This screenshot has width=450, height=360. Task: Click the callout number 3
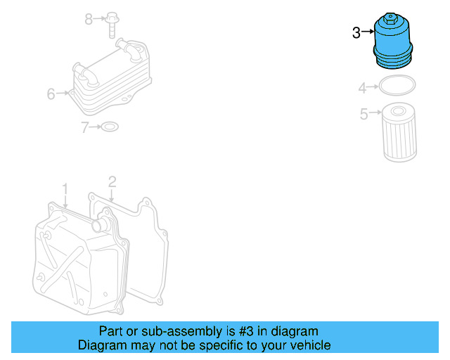356,32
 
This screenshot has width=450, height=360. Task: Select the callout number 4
362,89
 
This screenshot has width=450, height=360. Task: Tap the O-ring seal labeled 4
397,87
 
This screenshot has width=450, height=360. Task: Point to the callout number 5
364,114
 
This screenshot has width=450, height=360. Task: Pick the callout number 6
51,94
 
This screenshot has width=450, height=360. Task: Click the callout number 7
84,127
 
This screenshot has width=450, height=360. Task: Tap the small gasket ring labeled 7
110,127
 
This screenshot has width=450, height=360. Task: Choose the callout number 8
89,19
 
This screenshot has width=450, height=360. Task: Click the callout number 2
111,184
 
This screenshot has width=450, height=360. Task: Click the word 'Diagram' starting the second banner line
101,345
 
